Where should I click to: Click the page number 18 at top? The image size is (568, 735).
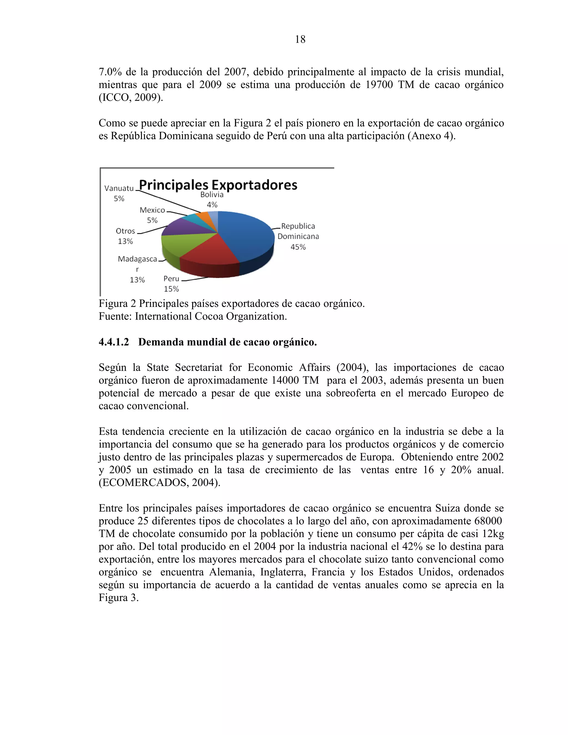point(300,39)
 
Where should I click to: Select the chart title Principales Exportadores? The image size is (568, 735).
point(218,185)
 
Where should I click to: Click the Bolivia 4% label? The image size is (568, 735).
point(212,199)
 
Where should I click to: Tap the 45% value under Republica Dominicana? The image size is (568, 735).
point(298,247)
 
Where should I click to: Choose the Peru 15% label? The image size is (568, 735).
point(171,283)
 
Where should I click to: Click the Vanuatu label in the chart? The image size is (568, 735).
point(119,188)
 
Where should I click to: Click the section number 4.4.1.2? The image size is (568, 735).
point(114,342)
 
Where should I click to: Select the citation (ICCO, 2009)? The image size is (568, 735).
point(131,98)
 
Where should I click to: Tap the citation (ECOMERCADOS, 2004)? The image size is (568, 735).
point(159,482)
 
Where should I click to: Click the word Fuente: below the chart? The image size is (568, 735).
point(115,316)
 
